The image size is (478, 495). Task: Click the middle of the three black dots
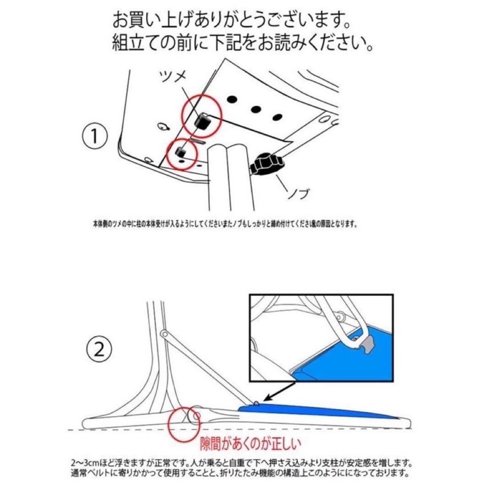tap(255, 110)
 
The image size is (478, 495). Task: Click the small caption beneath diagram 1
tap(222, 225)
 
